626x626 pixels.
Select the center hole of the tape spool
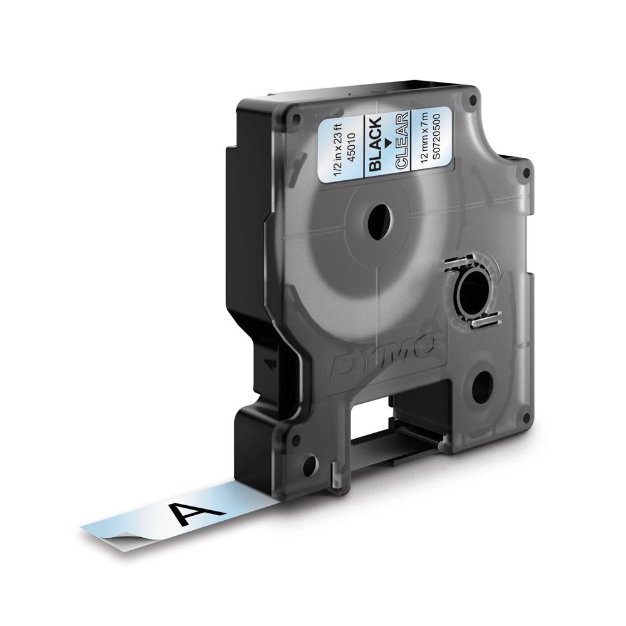pos(377,222)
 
